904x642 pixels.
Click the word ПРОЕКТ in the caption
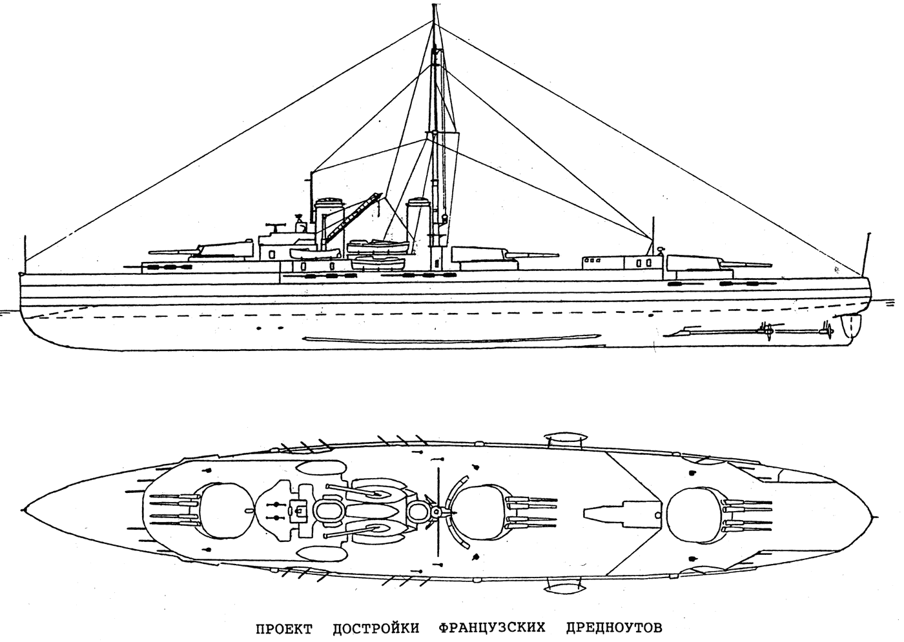pos(282,627)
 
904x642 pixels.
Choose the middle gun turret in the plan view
pos(478,510)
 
